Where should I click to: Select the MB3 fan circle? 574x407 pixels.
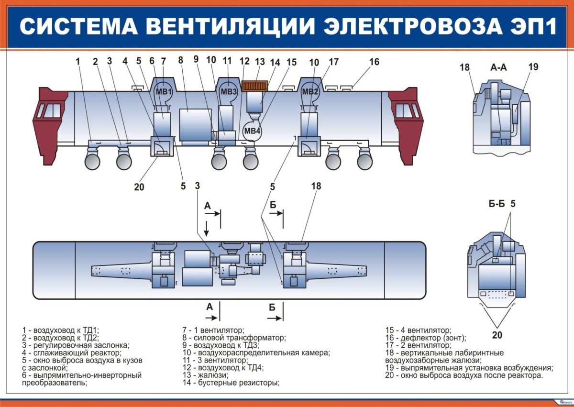point(228,91)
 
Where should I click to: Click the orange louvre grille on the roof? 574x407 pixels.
point(256,86)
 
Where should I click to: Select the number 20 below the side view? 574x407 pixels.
point(139,187)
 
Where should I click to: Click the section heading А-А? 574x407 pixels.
point(499,68)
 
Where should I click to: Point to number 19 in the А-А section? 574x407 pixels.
point(533,67)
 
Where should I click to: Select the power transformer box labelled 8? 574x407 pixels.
point(196,124)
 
